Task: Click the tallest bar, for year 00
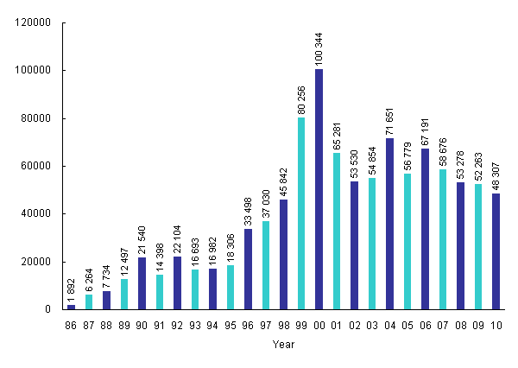pos(319,189)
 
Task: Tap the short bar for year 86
pos(71,307)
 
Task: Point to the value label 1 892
pos(72,289)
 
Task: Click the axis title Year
pos(283,345)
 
